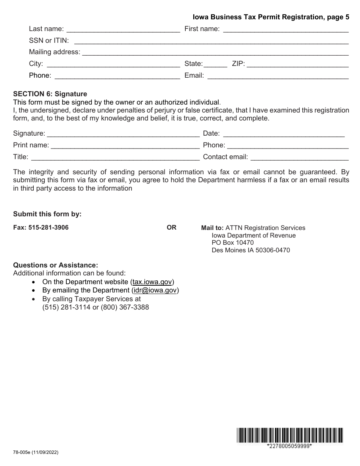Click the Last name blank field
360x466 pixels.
pyautogui.click(x=123, y=29)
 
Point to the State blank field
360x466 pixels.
pyautogui.click(x=216, y=64)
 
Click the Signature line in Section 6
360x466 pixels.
pyautogui.click(x=123, y=134)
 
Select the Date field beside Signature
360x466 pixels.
pyautogui.click(x=284, y=134)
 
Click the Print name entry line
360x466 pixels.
pyautogui.click(x=125, y=145)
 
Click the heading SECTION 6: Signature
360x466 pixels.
pyautogui.click(x=50, y=94)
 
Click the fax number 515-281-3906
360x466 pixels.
pyautogui.click(x=49, y=228)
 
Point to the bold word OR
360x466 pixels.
pyautogui.click(x=171, y=228)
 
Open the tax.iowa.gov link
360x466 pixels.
pyautogui.click(x=152, y=282)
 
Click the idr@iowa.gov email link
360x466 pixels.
pyautogui.click(x=155, y=291)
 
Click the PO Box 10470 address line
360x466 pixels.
pyautogui.click(x=233, y=242)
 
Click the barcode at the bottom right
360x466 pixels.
pyautogui.click(x=290, y=435)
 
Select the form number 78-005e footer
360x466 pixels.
pyautogui.click(x=36, y=452)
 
